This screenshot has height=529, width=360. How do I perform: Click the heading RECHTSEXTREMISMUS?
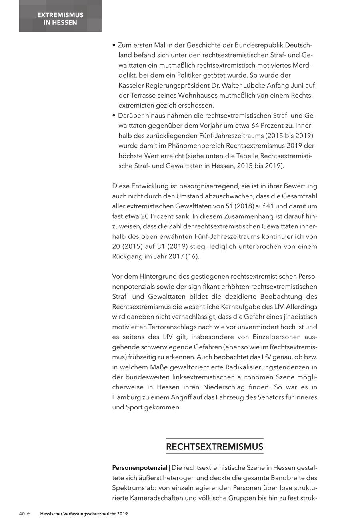click(214, 447)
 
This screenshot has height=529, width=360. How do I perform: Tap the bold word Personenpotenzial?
click(140, 467)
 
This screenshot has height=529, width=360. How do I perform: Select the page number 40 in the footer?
click(22, 514)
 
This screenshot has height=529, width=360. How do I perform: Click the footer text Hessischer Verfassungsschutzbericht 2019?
click(84, 514)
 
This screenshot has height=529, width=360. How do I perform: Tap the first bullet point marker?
click(114, 45)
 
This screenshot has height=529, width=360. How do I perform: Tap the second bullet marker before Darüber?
click(114, 116)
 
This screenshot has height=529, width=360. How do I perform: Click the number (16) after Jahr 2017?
click(192, 256)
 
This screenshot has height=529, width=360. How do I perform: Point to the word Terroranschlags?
click(170, 327)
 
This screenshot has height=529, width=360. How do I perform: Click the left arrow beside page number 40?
click(28, 514)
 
